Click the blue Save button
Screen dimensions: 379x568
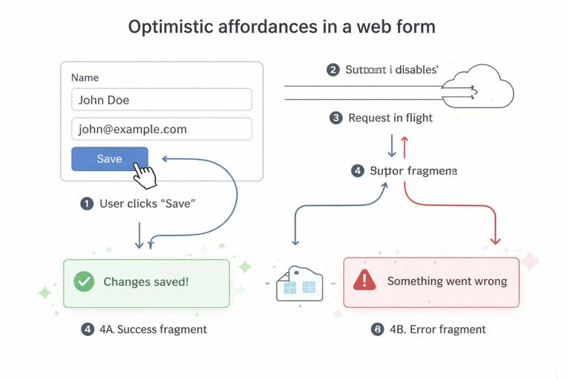click(x=109, y=159)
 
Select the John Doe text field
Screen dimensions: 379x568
click(x=161, y=100)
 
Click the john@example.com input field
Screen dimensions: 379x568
click(x=161, y=129)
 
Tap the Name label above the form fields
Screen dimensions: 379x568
click(x=84, y=78)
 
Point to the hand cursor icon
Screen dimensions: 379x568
click(x=145, y=175)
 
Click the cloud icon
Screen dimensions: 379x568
click(x=481, y=87)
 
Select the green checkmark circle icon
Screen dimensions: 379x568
click(x=84, y=281)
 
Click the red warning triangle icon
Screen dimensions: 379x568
click(x=364, y=280)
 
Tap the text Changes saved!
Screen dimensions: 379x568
click(x=146, y=282)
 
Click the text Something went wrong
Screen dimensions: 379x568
click(x=447, y=281)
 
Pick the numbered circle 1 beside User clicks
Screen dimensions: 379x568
click(x=87, y=204)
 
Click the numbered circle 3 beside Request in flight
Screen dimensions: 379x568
click(x=336, y=118)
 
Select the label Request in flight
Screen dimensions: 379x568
click(x=390, y=118)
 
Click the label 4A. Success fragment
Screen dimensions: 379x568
click(x=154, y=329)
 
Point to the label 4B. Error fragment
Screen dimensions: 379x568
click(x=437, y=329)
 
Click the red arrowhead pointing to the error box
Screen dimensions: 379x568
click(x=496, y=240)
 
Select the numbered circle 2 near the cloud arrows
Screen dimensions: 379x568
click(x=333, y=70)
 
